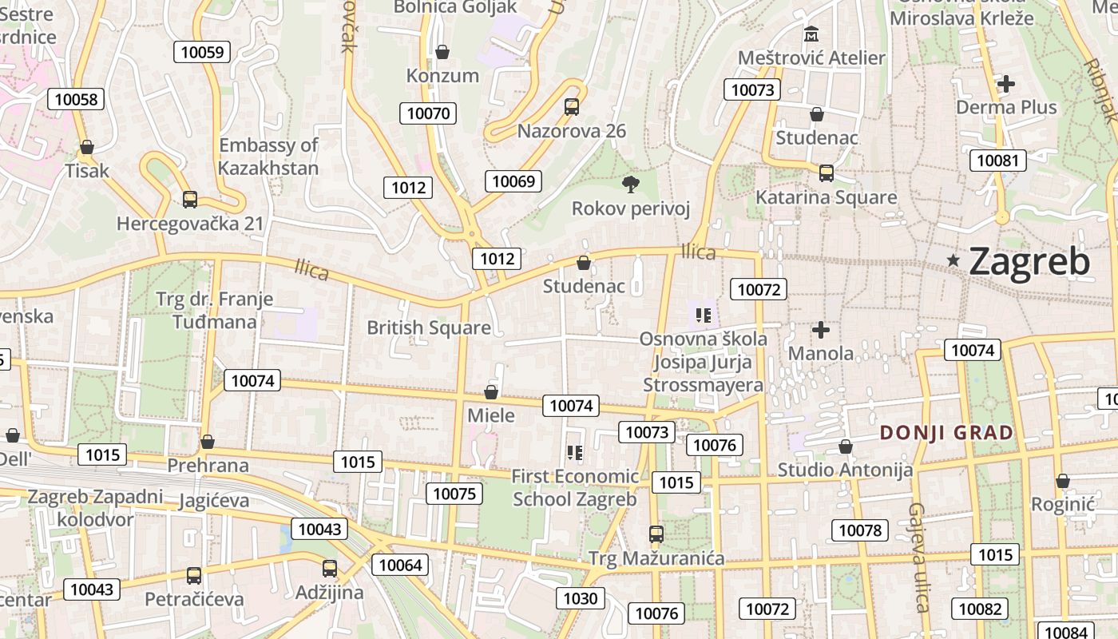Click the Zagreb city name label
click(1029, 262)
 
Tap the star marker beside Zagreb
click(953, 260)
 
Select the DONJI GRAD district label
click(946, 433)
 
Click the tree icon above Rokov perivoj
click(631, 185)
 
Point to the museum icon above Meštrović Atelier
click(811, 34)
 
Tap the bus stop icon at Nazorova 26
click(572, 107)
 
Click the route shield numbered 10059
click(203, 53)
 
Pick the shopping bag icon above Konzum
click(442, 52)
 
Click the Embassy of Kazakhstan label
click(268, 157)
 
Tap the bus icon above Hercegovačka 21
click(189, 200)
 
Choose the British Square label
click(429, 327)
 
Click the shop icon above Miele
click(491, 392)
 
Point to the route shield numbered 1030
click(580, 598)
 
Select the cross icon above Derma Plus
click(1006, 83)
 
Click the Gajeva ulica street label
click(919, 557)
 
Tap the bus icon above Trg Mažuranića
click(656, 534)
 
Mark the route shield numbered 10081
click(997, 161)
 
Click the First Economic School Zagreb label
click(575, 488)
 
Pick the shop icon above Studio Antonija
click(845, 447)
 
